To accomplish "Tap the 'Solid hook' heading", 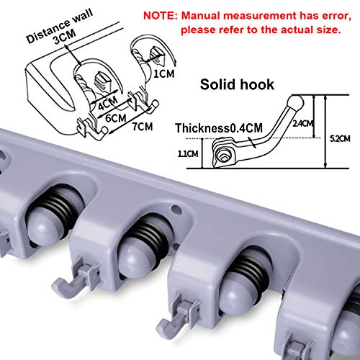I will coord(238,84).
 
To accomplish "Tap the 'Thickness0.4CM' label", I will coord(217,127).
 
